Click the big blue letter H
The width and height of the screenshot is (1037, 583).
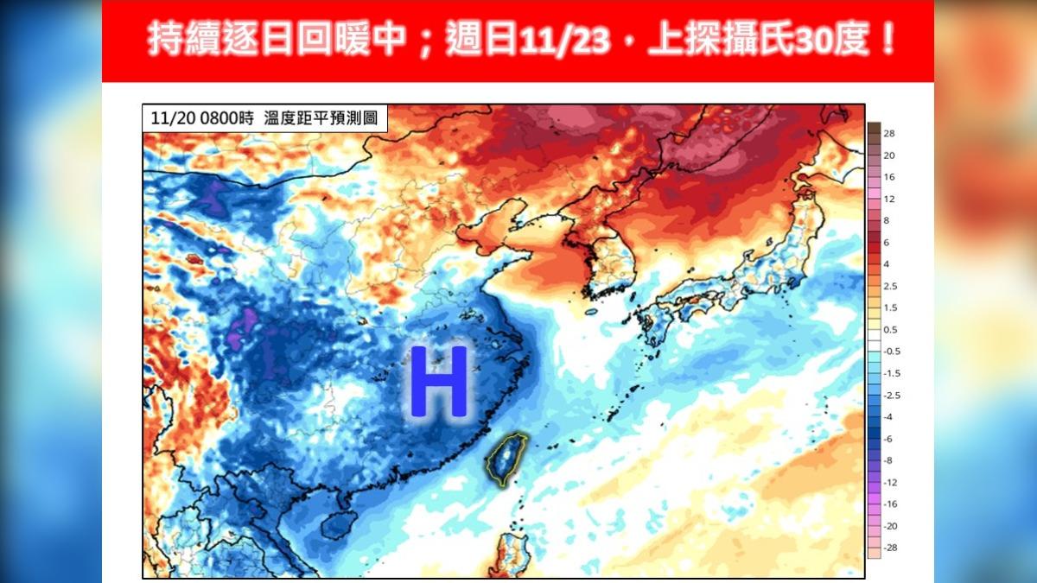pyautogui.click(x=439, y=383)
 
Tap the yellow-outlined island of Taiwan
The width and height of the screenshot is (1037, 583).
pyautogui.click(x=504, y=458)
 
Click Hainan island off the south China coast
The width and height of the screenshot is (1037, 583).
pyautogui.click(x=338, y=523)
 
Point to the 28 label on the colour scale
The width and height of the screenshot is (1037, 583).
pyautogui.click(x=888, y=133)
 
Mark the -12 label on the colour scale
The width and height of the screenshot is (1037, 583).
pyautogui.click(x=890, y=483)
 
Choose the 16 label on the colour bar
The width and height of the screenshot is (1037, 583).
pyautogui.click(x=888, y=176)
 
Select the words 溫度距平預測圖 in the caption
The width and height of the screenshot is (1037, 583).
pyautogui.click(x=321, y=118)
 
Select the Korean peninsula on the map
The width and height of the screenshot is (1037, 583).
pyautogui.click(x=605, y=259)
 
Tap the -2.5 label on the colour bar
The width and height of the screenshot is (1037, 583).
pyautogui.click(x=891, y=395)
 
